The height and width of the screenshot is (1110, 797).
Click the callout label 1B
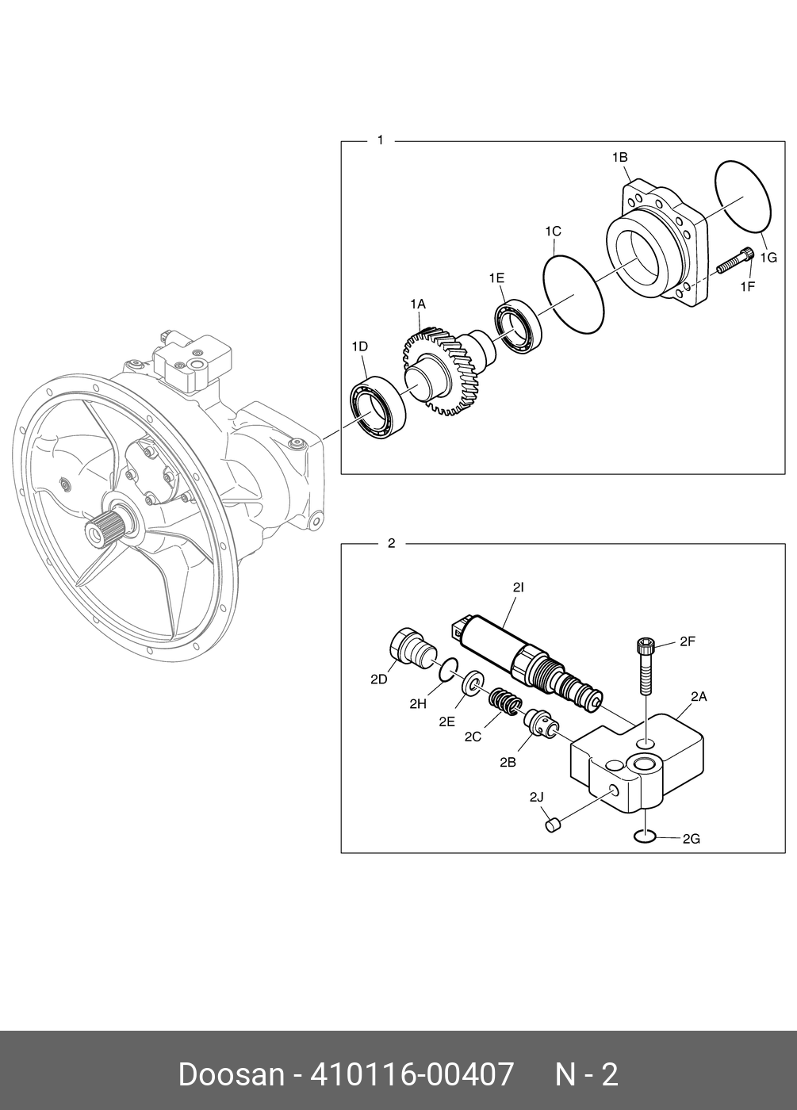[x=619, y=158]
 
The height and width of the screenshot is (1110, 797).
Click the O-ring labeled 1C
[x=573, y=294]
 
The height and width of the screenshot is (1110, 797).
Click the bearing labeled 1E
[x=518, y=327]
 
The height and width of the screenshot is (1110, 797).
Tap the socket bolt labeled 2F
[x=645, y=664]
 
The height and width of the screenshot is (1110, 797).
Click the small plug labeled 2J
[x=553, y=825]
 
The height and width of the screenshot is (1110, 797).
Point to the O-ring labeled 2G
[x=644, y=836]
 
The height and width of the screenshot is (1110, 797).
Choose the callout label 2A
[x=698, y=697]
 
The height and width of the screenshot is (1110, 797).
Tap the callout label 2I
[x=519, y=588]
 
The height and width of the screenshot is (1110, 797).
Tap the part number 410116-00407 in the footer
[x=412, y=1075]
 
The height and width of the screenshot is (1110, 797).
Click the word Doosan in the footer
[x=231, y=1075]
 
